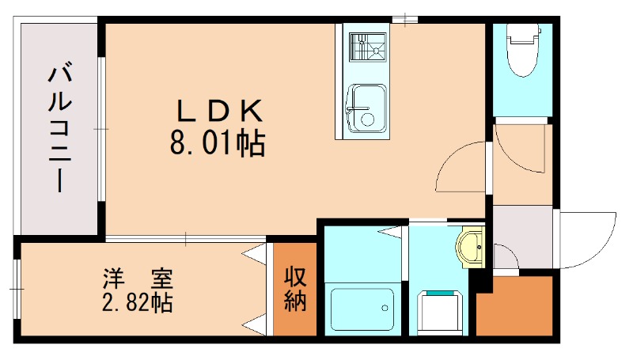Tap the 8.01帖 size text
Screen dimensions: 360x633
coord(216,144)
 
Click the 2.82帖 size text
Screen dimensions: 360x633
coord(138,302)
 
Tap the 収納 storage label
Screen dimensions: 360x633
coord(295,290)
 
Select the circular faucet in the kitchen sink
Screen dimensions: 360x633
coord(366,119)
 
